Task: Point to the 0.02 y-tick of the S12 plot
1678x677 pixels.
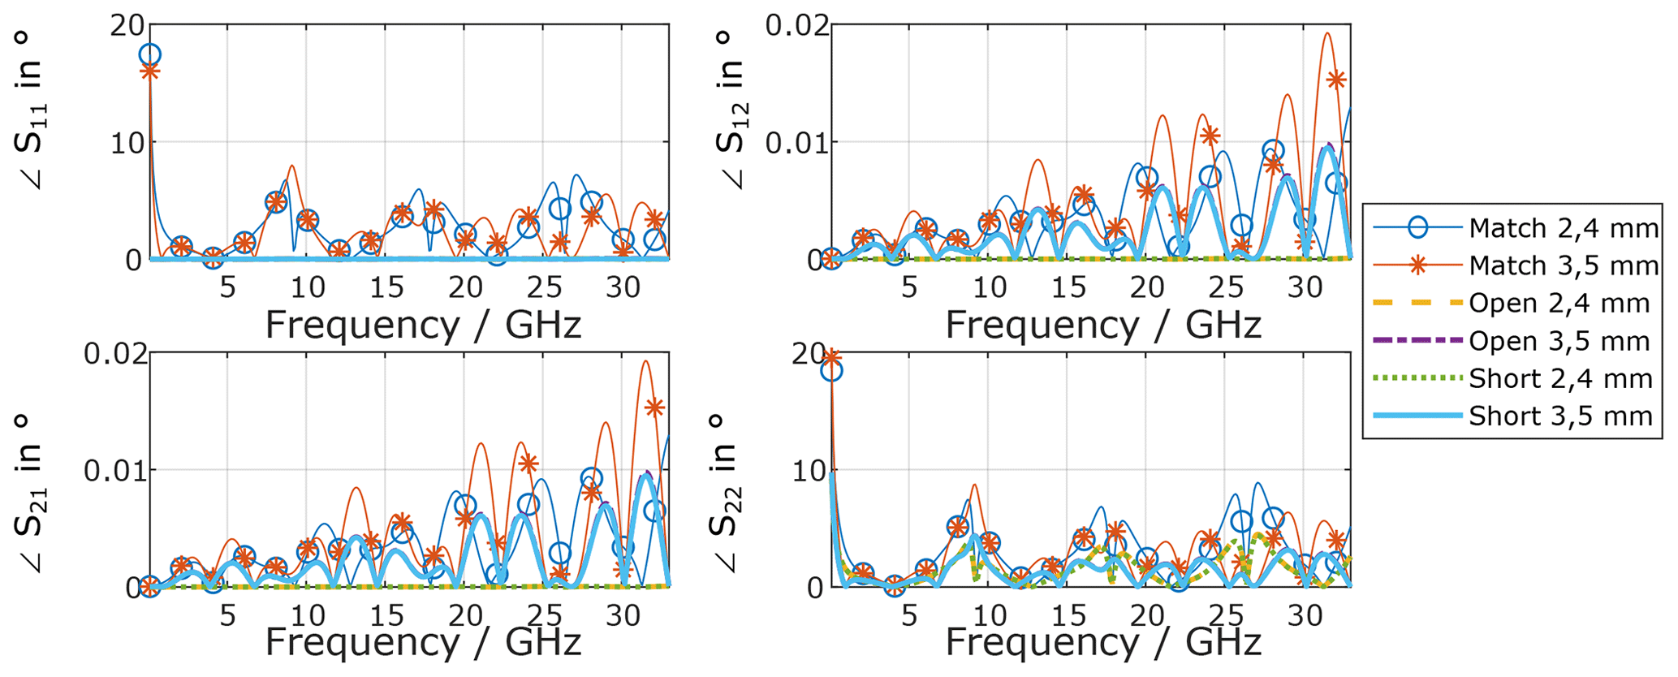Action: click(799, 26)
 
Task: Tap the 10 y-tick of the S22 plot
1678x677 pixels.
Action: click(809, 471)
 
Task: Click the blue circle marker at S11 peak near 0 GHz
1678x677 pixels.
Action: click(150, 55)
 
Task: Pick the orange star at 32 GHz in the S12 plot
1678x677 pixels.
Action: click(1335, 80)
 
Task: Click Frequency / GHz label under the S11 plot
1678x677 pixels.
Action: click(423, 325)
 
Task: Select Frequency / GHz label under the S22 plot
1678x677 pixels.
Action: click(1102, 642)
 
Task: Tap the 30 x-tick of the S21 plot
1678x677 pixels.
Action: click(623, 615)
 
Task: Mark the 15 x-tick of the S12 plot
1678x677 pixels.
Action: click(1068, 287)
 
